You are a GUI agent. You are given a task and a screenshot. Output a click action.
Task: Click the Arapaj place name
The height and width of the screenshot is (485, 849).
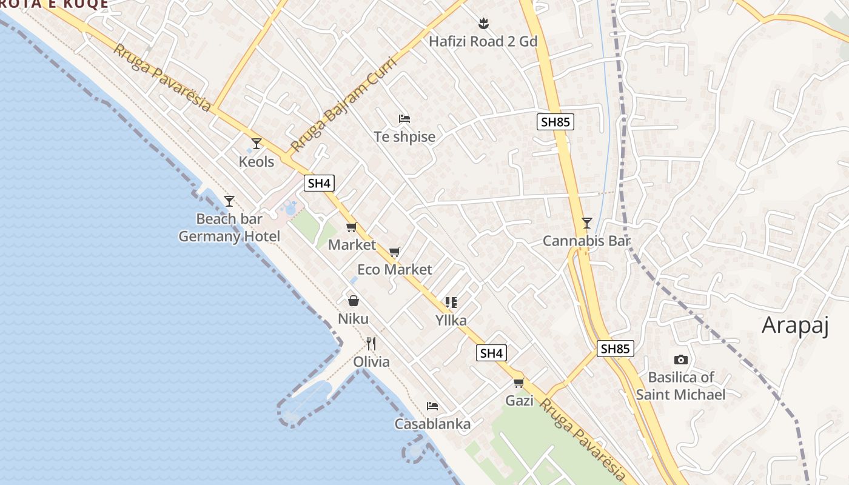point(795,326)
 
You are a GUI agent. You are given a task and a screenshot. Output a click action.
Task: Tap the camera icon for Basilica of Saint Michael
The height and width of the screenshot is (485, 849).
point(680,360)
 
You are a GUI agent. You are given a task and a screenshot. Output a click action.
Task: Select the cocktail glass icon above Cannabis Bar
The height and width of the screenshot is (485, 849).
point(586,223)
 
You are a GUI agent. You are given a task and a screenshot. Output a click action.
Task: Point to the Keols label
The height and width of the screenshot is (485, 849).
point(257,162)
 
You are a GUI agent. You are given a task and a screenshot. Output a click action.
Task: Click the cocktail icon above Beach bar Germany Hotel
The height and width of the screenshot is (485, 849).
point(229,201)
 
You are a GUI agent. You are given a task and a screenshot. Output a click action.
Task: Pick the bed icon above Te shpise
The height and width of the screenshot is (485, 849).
point(404,118)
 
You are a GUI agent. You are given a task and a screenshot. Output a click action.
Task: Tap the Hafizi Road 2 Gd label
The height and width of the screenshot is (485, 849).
point(483,41)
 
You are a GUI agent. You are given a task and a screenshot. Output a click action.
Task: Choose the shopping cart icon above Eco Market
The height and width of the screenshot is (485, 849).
point(395,252)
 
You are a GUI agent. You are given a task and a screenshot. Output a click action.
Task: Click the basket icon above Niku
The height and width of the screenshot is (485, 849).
point(354,301)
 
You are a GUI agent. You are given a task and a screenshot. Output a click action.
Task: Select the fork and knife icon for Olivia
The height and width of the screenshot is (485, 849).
point(371,344)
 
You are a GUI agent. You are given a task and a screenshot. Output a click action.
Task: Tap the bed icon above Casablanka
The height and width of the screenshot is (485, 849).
point(432,406)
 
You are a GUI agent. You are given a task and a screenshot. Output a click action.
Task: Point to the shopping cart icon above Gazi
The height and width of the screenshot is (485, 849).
point(519,383)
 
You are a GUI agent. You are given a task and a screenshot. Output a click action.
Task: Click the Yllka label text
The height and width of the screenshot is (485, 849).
point(451,320)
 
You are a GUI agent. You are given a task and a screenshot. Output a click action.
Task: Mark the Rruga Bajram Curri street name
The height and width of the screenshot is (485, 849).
point(343,105)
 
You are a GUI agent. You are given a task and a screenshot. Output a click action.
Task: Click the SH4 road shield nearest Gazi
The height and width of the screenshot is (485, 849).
point(491,353)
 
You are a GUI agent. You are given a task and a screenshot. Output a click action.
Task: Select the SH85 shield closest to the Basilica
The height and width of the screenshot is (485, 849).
point(616,349)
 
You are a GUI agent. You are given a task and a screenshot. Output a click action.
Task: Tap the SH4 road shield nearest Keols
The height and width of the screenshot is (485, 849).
point(319,183)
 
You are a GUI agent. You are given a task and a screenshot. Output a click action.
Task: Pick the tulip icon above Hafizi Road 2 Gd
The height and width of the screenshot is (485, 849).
point(483,24)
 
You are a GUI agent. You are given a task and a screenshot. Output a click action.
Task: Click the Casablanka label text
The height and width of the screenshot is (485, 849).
point(432,424)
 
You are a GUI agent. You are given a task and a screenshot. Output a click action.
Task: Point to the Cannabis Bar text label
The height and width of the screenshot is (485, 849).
point(586,241)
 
